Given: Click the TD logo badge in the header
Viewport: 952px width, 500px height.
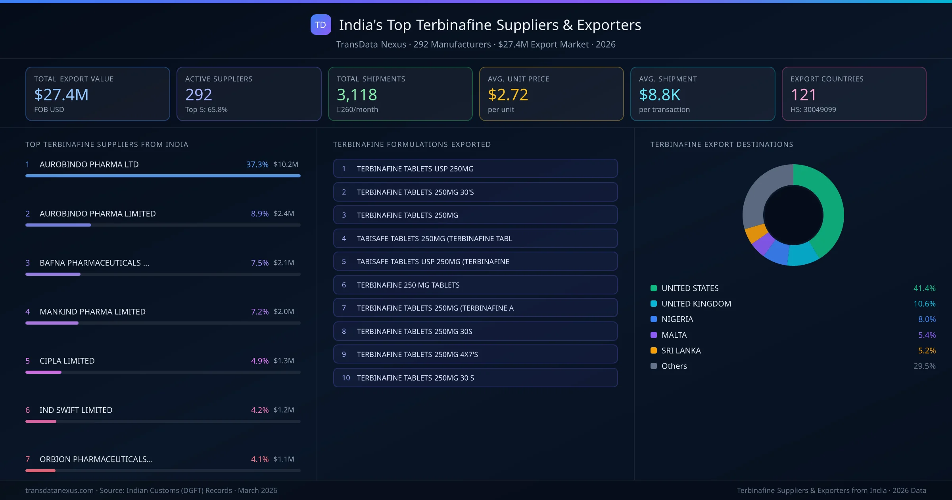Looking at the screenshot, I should pyautogui.click(x=321, y=25).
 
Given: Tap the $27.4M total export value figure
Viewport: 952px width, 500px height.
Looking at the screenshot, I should pyautogui.click(x=61, y=94).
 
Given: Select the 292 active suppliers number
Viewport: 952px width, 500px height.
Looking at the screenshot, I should pyautogui.click(x=198, y=94).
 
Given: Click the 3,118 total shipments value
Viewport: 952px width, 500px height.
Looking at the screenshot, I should pyautogui.click(x=357, y=94).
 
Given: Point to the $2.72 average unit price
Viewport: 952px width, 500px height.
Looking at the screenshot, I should pyautogui.click(x=508, y=94).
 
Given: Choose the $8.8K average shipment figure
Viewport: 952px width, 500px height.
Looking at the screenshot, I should pyautogui.click(x=659, y=94).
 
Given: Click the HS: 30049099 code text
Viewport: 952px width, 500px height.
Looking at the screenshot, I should pyautogui.click(x=813, y=110).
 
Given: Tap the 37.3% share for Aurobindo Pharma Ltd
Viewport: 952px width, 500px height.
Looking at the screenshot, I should pyautogui.click(x=257, y=164).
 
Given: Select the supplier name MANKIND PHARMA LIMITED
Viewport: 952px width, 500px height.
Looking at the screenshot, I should pyautogui.click(x=92, y=312).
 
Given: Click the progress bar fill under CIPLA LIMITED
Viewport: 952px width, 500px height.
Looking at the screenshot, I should pyautogui.click(x=44, y=372).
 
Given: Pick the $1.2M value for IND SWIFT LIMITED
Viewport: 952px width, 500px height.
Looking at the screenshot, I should pyautogui.click(x=284, y=410).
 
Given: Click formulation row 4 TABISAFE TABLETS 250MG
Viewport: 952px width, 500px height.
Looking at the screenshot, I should pyautogui.click(x=475, y=238).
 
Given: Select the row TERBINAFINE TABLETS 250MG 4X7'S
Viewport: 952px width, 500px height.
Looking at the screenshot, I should pyautogui.click(x=475, y=354).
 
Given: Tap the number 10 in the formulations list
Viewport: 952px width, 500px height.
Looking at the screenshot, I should pyautogui.click(x=346, y=378).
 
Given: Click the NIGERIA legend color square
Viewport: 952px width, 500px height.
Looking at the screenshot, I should pyautogui.click(x=654, y=319).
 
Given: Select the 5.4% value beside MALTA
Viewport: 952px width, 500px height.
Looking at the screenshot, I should pyautogui.click(x=927, y=335).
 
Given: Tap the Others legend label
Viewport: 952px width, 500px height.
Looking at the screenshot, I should pyautogui.click(x=674, y=366).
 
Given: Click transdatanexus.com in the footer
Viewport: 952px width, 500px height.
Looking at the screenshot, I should pyautogui.click(x=59, y=490).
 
